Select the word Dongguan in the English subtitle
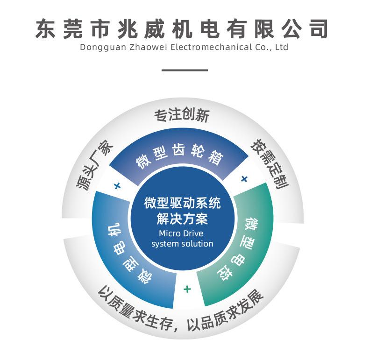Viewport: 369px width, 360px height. point(98,47)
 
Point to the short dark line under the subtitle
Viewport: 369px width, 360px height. point(184,70)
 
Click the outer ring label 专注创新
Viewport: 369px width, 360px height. point(182,115)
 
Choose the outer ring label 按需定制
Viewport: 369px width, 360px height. point(270,163)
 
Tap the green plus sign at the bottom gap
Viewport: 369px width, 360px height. point(187,289)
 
